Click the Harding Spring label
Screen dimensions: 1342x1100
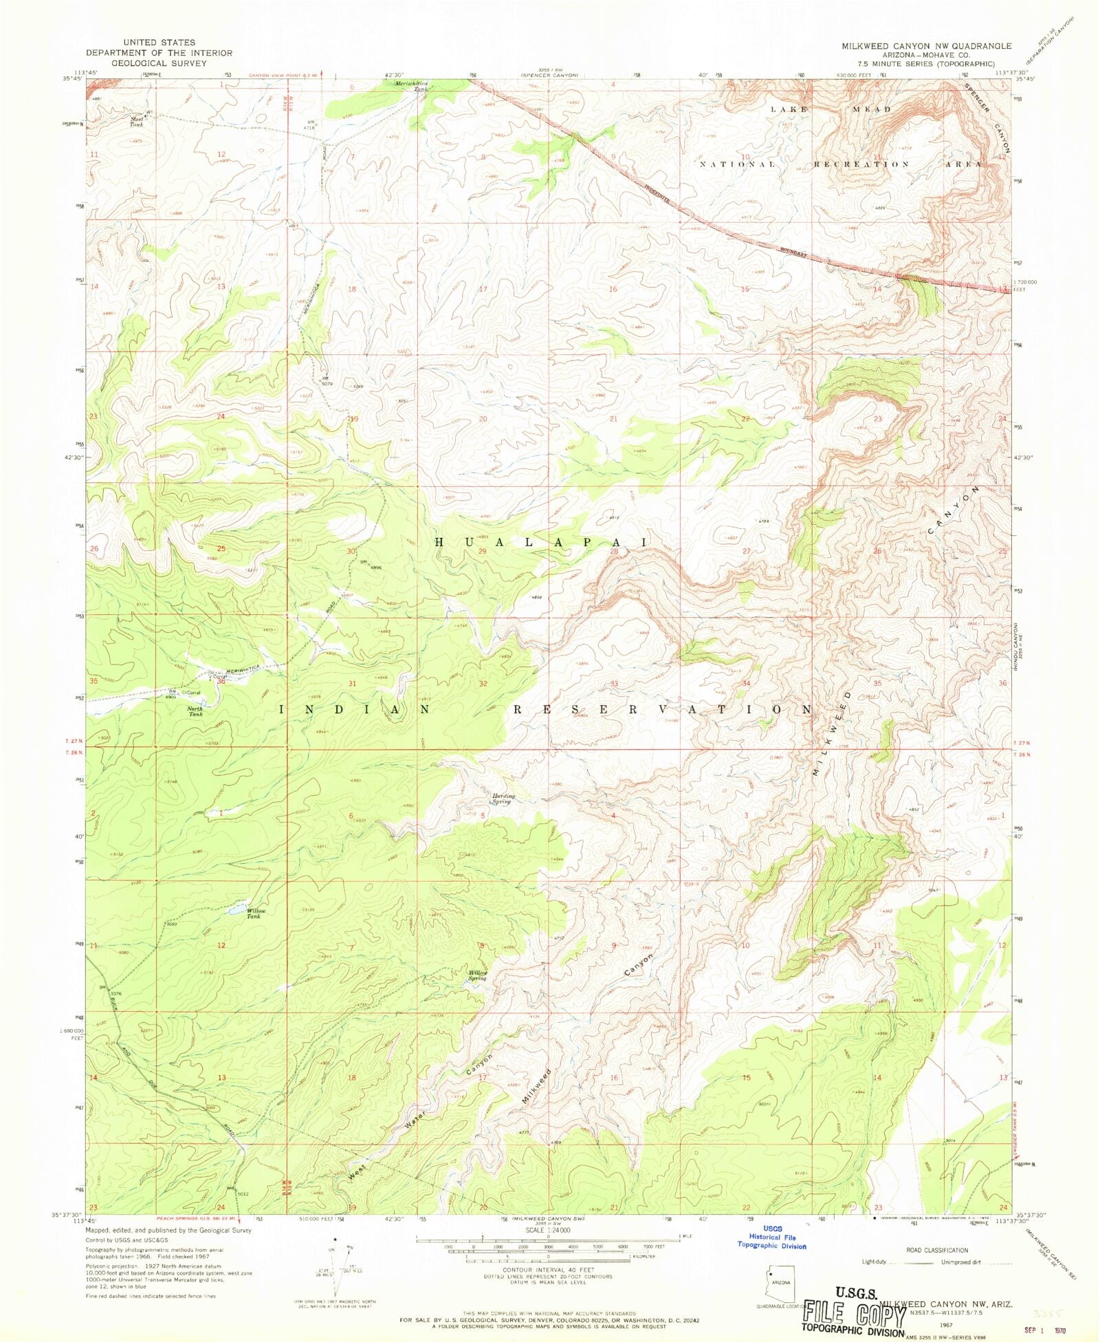[502, 799]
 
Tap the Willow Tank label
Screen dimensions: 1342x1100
[254, 913]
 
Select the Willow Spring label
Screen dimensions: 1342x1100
[478, 975]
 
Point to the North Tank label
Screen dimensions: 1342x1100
[195, 711]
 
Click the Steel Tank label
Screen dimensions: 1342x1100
[137, 121]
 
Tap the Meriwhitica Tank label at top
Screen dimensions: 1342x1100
[412, 86]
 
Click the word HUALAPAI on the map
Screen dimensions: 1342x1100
[541, 542]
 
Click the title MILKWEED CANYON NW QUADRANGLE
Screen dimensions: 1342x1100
[926, 46]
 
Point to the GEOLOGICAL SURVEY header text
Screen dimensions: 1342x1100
[159, 63]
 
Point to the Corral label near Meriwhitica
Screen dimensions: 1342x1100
[219, 677]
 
